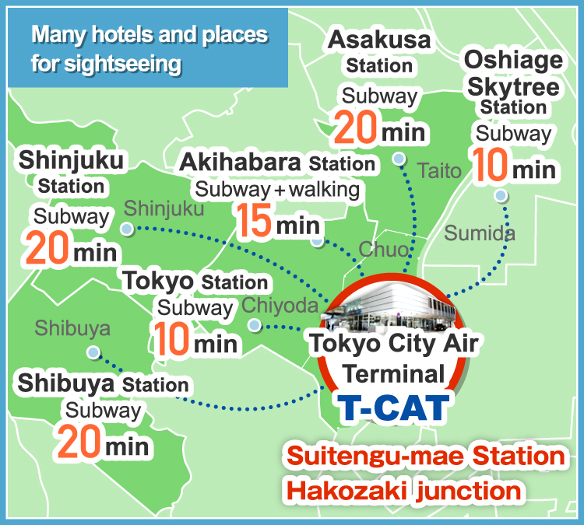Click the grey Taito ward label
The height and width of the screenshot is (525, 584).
tap(440, 171)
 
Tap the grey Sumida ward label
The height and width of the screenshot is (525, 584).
tap(480, 233)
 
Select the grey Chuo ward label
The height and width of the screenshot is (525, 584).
tap(383, 250)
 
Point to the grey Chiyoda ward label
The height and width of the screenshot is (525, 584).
tap(280, 306)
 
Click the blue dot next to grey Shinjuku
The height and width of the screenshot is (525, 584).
tap(127, 229)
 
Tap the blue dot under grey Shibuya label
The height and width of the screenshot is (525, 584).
tap(93, 352)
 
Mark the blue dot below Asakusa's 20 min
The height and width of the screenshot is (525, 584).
tap(399, 159)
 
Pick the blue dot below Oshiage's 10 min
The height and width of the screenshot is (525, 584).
tap(501, 195)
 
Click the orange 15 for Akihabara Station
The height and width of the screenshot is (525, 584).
tap(253, 221)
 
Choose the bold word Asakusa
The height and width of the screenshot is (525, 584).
tap(379, 40)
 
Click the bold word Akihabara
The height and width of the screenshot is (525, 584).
tap(241, 163)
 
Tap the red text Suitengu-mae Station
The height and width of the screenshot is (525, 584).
tap(424, 456)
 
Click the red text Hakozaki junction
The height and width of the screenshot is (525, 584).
tap(403, 490)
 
